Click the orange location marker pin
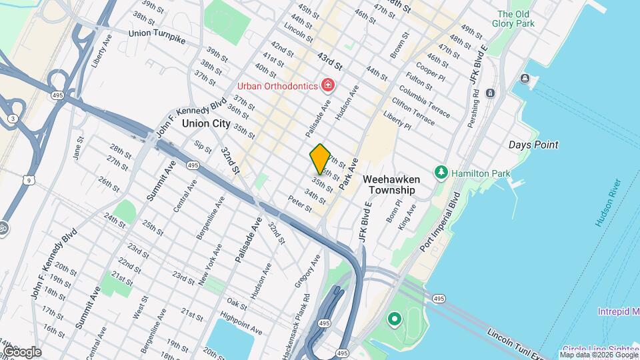pyautogui.click(x=320, y=159)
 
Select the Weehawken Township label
pyautogui.click(x=389, y=185)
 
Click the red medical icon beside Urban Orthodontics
pyautogui.click(x=327, y=85)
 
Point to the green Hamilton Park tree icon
pyautogui.click(x=441, y=173)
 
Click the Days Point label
pyautogui.click(x=533, y=145)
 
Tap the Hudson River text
pyautogui.click(x=608, y=203)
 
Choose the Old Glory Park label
pyautogui.click(x=513, y=19)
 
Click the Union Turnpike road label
pyautogui.click(x=157, y=37)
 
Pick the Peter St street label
pyautogui.click(x=300, y=203)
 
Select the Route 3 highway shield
pyautogui.click(x=13, y=119)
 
